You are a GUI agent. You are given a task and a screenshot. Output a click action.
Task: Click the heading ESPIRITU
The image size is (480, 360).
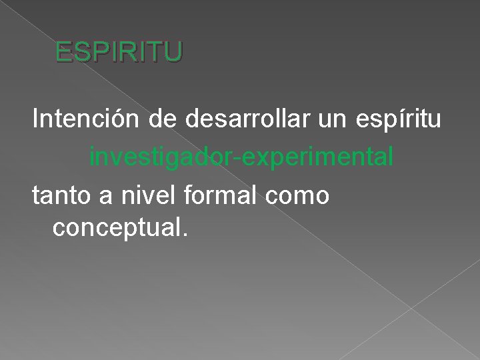tap(118, 52)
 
